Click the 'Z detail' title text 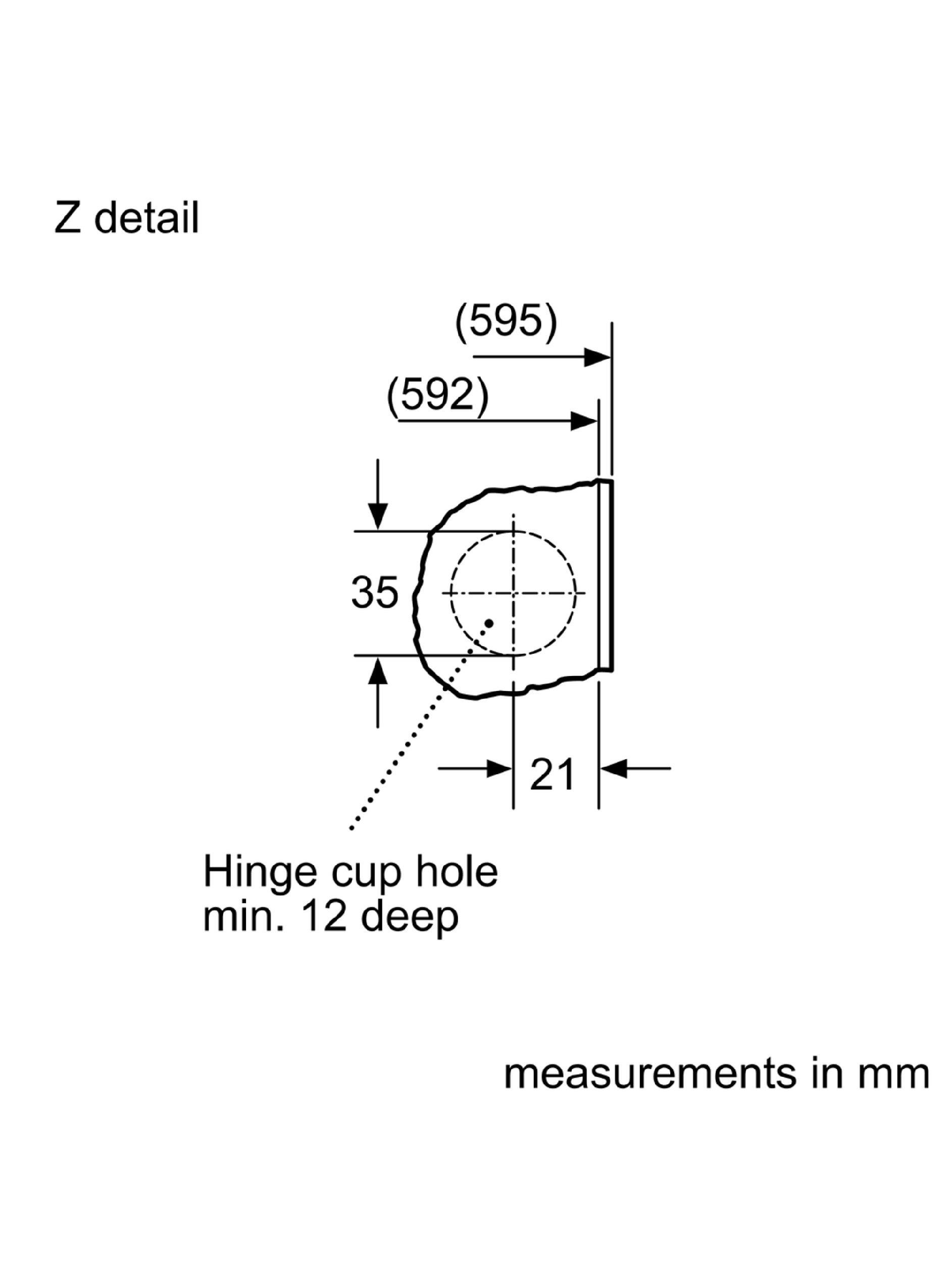point(126,218)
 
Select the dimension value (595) point(506,323)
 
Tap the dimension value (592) point(438,395)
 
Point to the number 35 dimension point(374,592)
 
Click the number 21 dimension point(552,775)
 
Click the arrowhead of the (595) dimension point(597,358)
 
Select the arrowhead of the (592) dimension point(584,421)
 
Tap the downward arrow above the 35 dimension point(377,494)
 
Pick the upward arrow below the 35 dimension point(377,692)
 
